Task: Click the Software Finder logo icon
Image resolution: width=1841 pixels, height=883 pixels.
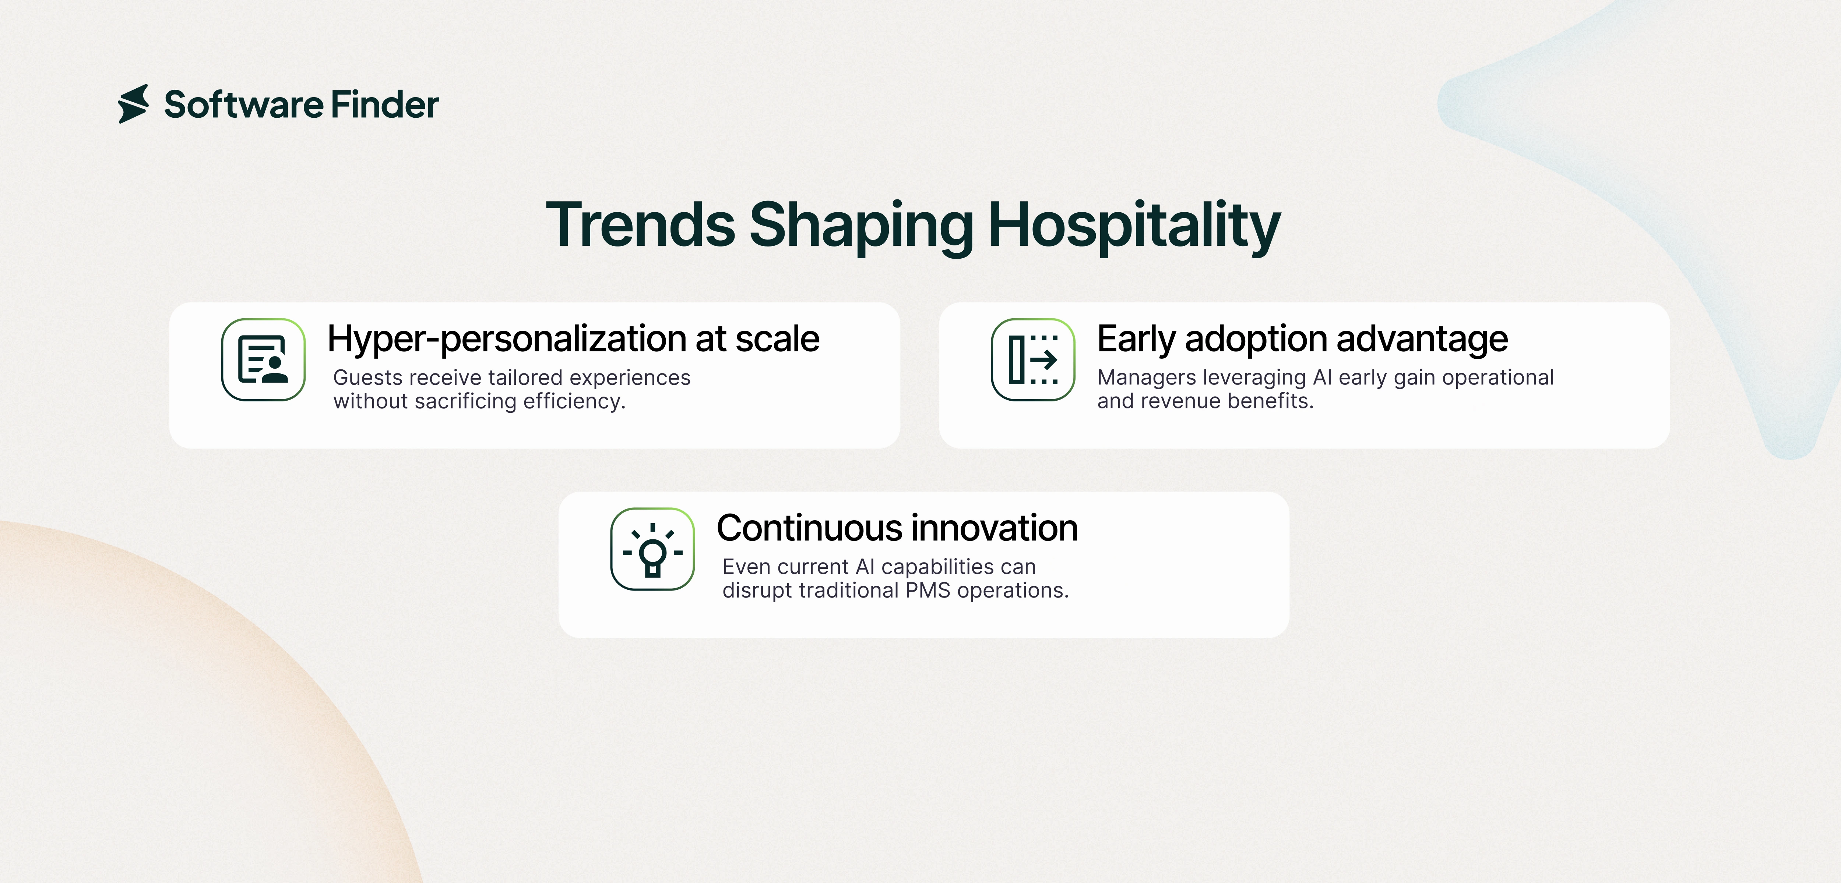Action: coord(134,104)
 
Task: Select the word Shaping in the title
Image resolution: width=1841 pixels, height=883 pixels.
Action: coord(861,227)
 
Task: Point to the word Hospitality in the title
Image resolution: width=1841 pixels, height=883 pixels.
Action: coord(1134,227)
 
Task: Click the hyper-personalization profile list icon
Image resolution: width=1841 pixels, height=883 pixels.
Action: coord(263,359)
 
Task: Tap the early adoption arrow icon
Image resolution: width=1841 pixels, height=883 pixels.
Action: coord(1033,359)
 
